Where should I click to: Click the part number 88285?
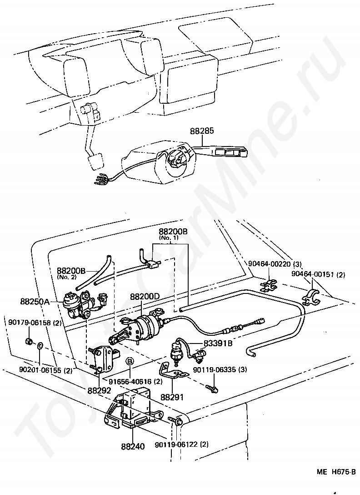[202, 131]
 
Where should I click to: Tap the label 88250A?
[35, 302]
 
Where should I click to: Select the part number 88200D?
[145, 297]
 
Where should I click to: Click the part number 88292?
[100, 390]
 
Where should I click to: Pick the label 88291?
[172, 397]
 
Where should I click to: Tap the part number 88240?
[133, 446]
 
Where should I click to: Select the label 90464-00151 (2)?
[318, 274]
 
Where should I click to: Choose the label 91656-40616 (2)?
[135, 381]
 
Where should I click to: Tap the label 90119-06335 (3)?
[220, 369]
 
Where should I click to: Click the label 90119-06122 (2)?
[182, 444]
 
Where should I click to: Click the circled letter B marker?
[130, 361]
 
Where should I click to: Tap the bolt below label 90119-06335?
[212, 388]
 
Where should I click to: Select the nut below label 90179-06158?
[28, 341]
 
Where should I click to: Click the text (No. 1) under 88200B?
[169, 237]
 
